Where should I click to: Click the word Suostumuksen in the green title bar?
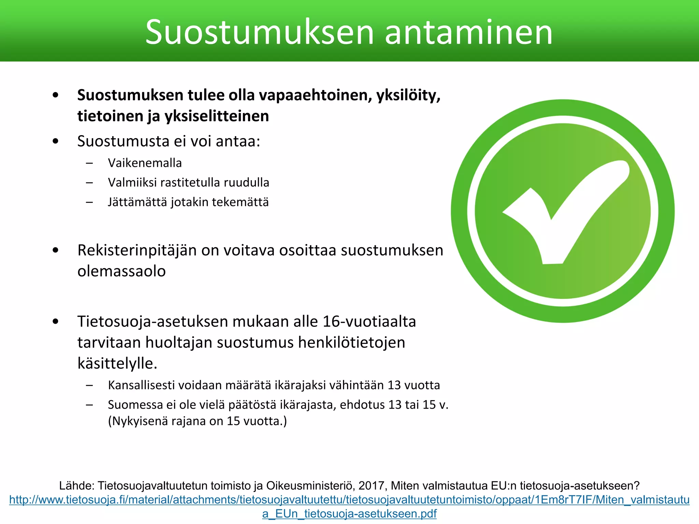pos(259,32)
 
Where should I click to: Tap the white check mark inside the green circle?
pos(567,212)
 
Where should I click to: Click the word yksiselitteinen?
pos(217,116)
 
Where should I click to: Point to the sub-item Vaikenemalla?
pos(145,163)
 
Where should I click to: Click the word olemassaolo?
pos(122,272)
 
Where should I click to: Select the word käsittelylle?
pos(117,364)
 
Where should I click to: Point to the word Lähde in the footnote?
pos(76,485)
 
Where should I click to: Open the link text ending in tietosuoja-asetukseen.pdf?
pos(349,513)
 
